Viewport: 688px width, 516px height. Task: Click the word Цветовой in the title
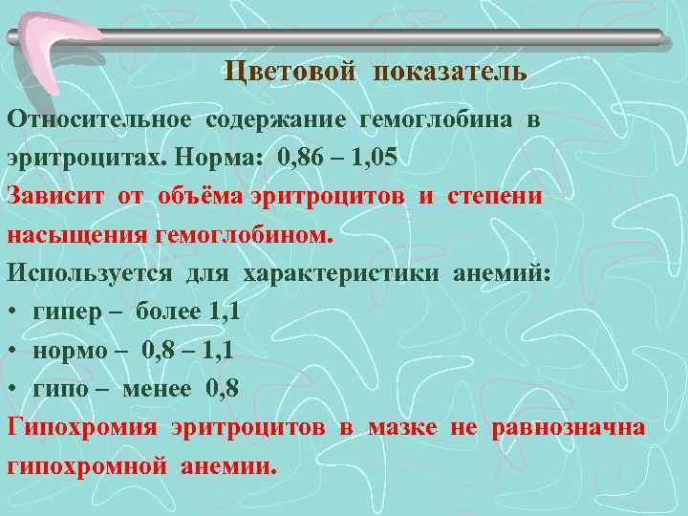pos(290,72)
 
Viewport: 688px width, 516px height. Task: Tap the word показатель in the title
pos(450,72)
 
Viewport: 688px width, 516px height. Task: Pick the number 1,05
pos(382,158)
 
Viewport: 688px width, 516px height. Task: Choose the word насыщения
pos(71,234)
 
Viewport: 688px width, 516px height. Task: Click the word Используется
pos(90,273)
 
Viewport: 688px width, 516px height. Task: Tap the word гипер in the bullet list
pos(62,313)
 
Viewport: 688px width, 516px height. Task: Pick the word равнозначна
pos(569,427)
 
